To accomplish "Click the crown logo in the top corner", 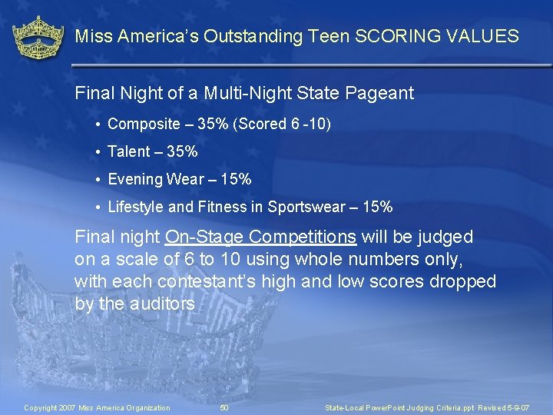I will coord(38,38).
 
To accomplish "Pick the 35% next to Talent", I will coord(182,151).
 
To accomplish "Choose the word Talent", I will coord(131,151).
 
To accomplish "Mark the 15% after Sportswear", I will coord(376,207).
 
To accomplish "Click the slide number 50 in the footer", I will coord(224,407).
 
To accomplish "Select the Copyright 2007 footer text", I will coord(98,407).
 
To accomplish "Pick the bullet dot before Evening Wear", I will coord(99,180).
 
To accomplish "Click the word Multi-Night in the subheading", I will coord(247,94).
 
